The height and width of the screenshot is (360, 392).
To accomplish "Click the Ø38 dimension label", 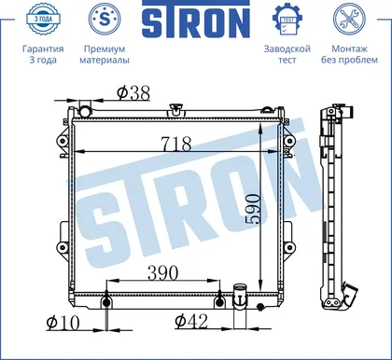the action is pos(133,93).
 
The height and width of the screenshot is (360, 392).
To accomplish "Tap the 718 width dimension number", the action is pos(176,144).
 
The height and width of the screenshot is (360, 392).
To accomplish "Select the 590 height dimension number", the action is pos(252,209).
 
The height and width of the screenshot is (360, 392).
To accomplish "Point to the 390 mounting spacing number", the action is pos(162,272).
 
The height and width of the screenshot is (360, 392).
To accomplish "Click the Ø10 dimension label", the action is pos(63,323).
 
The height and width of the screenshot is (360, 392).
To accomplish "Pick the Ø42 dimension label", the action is pos(191,322).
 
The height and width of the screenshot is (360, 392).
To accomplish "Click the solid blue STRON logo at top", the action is pos(196,20).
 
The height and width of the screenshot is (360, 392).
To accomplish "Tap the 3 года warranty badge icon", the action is pos(43,19).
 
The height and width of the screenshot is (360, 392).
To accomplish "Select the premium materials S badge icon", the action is pos(105,19).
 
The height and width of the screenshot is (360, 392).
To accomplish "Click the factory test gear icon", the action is pos(287,20).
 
